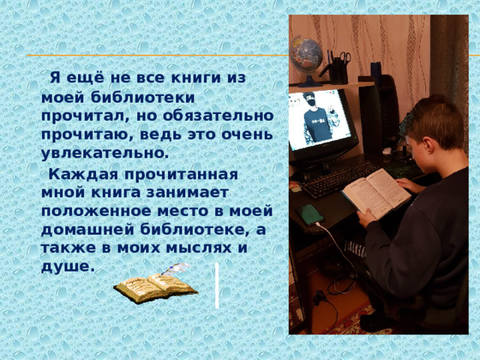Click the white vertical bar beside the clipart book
tap(217, 285)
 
